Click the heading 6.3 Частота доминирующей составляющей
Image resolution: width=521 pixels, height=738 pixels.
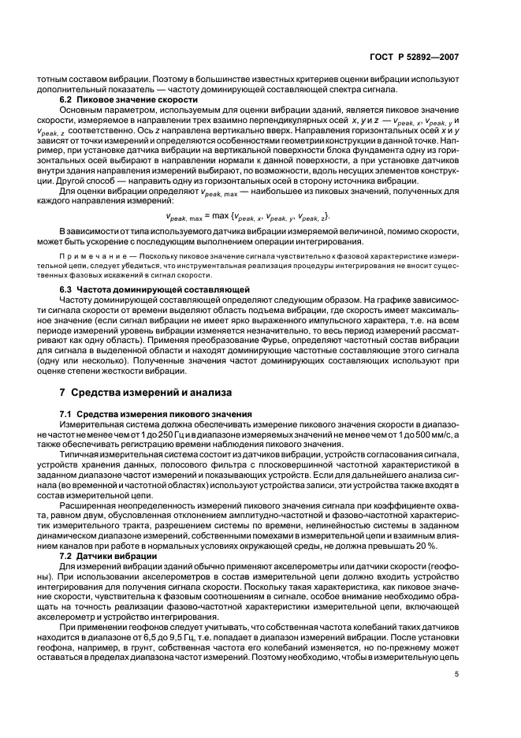coord(137,291)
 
